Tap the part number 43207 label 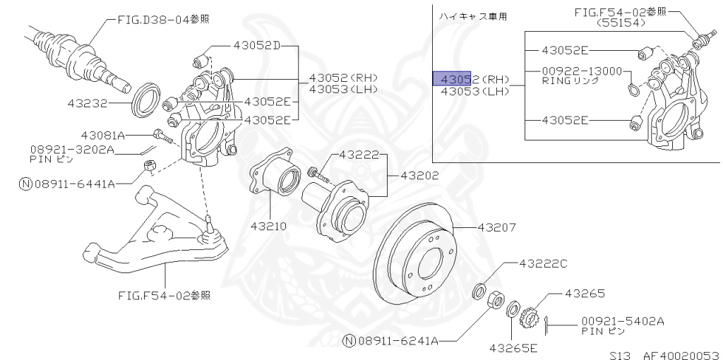pos(496,228)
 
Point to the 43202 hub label pos(419,175)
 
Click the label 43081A pos(102,135)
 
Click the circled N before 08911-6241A pos(348,341)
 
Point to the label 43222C pos(543,263)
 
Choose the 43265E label pos(513,348)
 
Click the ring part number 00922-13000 pos(582,71)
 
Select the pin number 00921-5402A pos(623,320)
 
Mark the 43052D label pos(256,46)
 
